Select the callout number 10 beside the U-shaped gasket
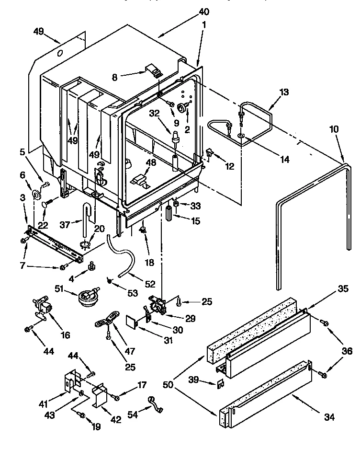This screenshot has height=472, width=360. click(x=334, y=130)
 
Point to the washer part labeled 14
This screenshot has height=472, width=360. click(x=242, y=138)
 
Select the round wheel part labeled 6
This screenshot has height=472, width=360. click(x=36, y=194)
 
